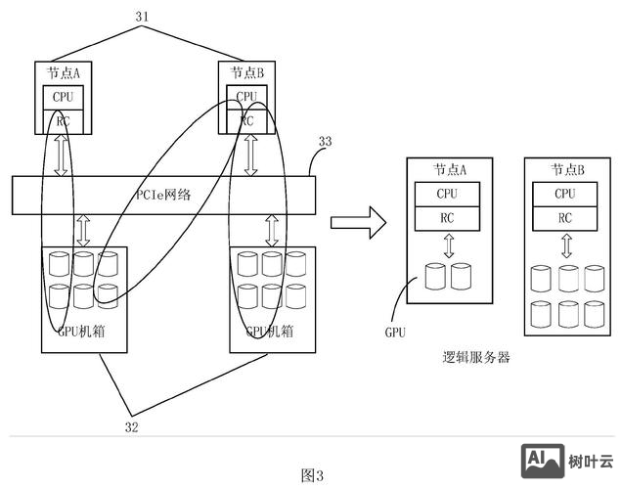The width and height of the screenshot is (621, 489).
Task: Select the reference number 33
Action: click(325, 142)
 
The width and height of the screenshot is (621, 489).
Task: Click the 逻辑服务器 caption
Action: click(476, 358)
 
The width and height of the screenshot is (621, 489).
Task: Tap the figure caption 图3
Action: click(312, 475)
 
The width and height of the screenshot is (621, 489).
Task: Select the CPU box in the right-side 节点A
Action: click(448, 194)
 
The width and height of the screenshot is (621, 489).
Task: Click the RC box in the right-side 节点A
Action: click(448, 218)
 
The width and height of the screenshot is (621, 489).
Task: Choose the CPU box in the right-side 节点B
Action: click(565, 194)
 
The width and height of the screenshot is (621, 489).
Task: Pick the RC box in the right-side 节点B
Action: click(565, 218)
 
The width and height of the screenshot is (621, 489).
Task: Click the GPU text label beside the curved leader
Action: click(394, 333)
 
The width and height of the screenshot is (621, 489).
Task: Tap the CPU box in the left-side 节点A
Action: click(63, 98)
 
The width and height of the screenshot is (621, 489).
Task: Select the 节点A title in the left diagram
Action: click(63, 72)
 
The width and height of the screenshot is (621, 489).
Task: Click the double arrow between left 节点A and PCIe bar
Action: click(62, 156)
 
